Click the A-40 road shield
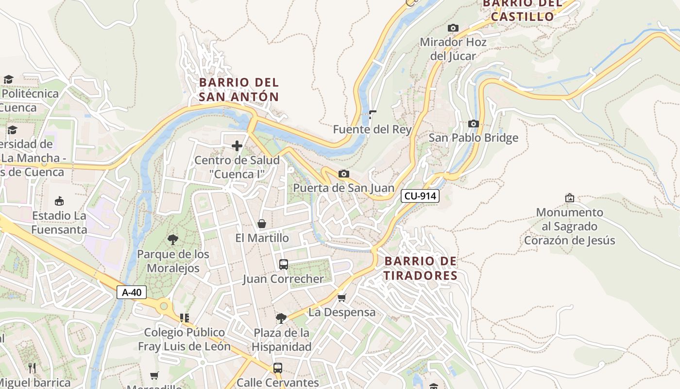click(x=131, y=292)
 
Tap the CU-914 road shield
click(x=420, y=196)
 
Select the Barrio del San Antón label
click(x=239, y=89)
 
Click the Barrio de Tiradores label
click(x=421, y=268)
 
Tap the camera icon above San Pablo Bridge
click(x=473, y=124)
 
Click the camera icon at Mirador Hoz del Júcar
click(x=453, y=28)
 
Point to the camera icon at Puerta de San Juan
click(x=343, y=174)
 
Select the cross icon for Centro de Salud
click(x=237, y=146)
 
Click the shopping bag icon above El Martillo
click(x=262, y=224)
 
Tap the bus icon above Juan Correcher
click(x=284, y=265)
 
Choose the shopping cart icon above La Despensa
click(x=342, y=298)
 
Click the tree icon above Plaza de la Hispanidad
click(x=281, y=318)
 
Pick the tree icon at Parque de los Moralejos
click(x=172, y=239)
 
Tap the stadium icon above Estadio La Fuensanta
click(x=59, y=201)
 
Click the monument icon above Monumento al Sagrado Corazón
click(x=569, y=198)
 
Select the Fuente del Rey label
click(x=372, y=129)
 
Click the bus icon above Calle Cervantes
click(x=278, y=368)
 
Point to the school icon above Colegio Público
click(x=184, y=318)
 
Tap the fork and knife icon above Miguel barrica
click(x=32, y=368)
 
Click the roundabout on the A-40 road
click(x=164, y=306)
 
